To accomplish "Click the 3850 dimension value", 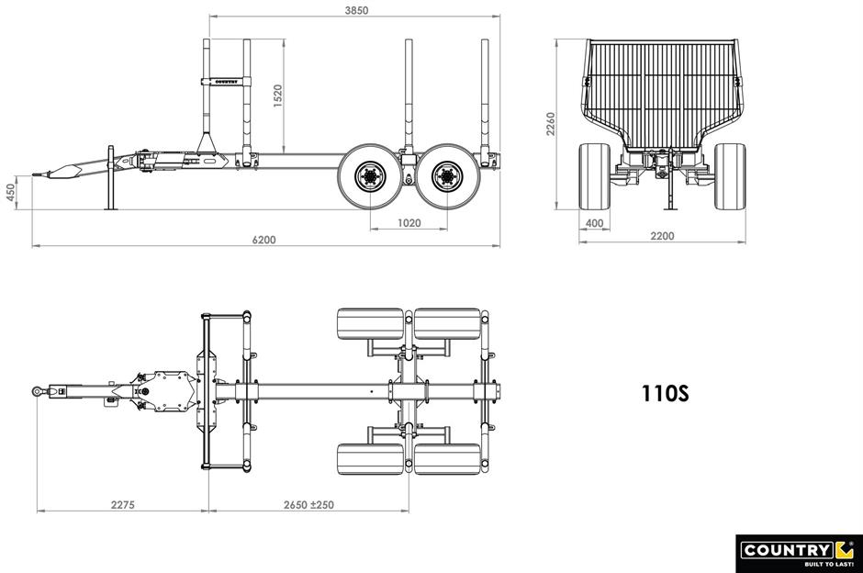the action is coord(356,10).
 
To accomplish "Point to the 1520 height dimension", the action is coord(278,95).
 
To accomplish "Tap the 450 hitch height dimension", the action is coord(11,193).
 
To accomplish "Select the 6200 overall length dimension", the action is coord(264,240).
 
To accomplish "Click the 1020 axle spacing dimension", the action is coord(409,223).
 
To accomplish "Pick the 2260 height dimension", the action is coord(551,124).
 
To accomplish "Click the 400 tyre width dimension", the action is coord(594,223).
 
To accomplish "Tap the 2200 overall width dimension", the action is coord(662,236).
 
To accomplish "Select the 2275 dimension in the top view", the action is coord(122,505).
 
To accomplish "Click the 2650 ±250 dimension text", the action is coord(308,505).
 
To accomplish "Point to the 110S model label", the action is coord(665,394).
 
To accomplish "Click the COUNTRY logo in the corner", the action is coord(799,553).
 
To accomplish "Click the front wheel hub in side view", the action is coord(370,176).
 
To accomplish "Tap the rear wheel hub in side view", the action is coord(447,176).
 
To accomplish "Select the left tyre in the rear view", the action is coord(594,176).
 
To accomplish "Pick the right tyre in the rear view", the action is coord(731,176).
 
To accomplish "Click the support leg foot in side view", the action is coord(111,208).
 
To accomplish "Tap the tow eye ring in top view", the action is coord(38,391).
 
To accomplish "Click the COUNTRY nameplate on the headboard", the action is coord(226,82).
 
